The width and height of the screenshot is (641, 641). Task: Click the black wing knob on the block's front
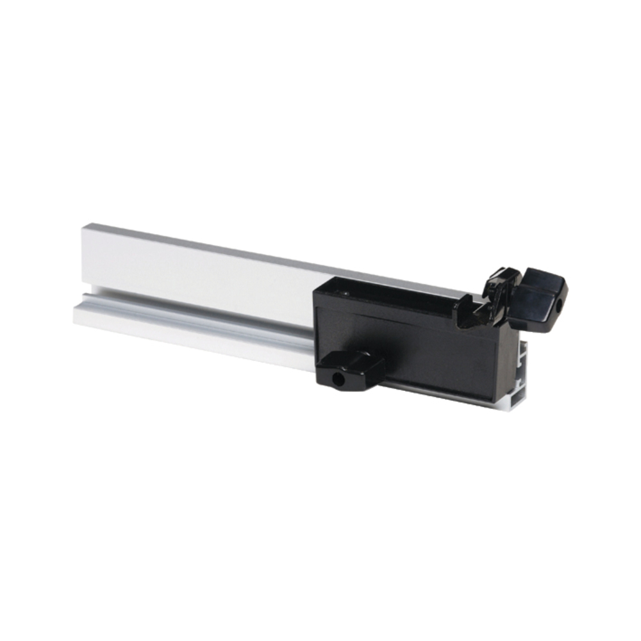pyautogui.click(x=351, y=369)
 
